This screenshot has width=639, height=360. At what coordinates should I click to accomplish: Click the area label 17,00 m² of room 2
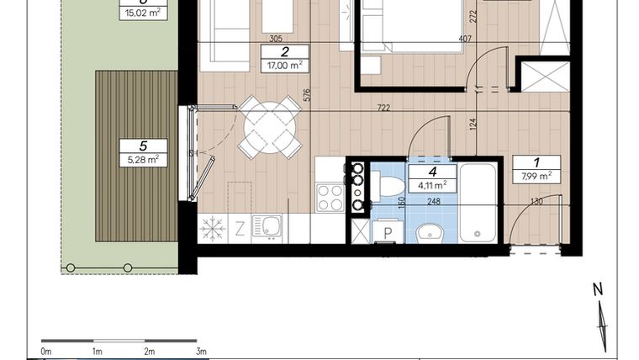tap(285, 66)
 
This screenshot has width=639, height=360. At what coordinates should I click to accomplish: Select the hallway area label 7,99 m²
tap(536, 176)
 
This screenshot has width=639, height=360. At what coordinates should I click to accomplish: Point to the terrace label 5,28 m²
tap(143, 159)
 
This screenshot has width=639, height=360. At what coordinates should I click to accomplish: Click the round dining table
tap(268, 127)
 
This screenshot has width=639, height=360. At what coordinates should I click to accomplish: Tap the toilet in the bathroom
tap(389, 185)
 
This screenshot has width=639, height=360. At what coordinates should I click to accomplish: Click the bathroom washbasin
tap(430, 231)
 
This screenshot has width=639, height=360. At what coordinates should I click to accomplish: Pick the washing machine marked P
tap(388, 232)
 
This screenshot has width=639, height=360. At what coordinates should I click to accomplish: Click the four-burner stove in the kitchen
tap(330, 198)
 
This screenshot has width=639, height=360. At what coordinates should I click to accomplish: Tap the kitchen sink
tap(268, 227)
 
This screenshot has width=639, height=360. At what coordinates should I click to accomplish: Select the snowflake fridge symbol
tap(211, 228)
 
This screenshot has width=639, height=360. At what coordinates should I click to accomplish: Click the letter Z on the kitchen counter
tap(240, 228)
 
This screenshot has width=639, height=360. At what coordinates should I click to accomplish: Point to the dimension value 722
tap(384, 108)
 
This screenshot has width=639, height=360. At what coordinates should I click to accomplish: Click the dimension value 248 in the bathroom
tap(433, 202)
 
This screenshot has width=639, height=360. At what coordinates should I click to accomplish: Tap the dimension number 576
tap(308, 95)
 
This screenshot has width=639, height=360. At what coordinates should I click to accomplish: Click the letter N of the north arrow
tap(598, 289)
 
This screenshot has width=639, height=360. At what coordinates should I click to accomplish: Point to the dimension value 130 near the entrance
tap(536, 202)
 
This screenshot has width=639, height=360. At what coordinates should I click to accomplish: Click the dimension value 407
tap(441, 39)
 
